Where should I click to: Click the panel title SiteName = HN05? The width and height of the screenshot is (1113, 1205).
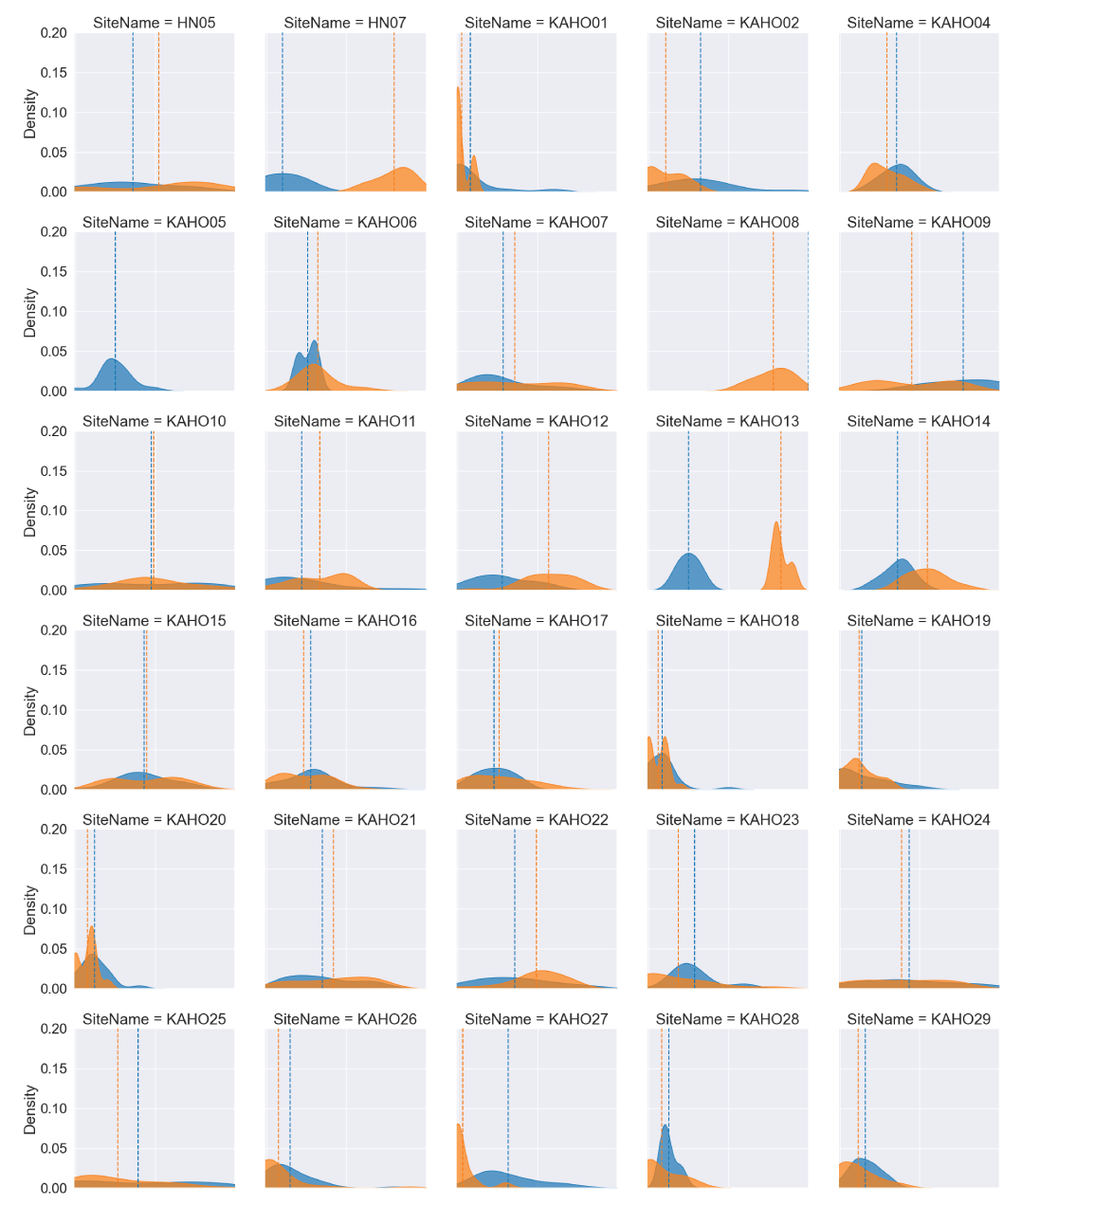tap(155, 23)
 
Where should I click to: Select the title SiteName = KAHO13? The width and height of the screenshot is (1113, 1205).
tap(727, 421)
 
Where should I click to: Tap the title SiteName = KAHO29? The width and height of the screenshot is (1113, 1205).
tap(919, 1019)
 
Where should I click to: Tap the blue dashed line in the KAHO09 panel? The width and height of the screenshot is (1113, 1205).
tap(963, 303)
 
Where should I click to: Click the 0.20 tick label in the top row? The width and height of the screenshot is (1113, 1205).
tap(54, 33)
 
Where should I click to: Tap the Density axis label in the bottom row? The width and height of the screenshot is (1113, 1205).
tap(29, 1109)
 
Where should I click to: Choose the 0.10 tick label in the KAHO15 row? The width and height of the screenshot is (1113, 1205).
tap(54, 710)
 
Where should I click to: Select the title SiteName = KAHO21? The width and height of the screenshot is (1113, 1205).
tap(345, 820)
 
